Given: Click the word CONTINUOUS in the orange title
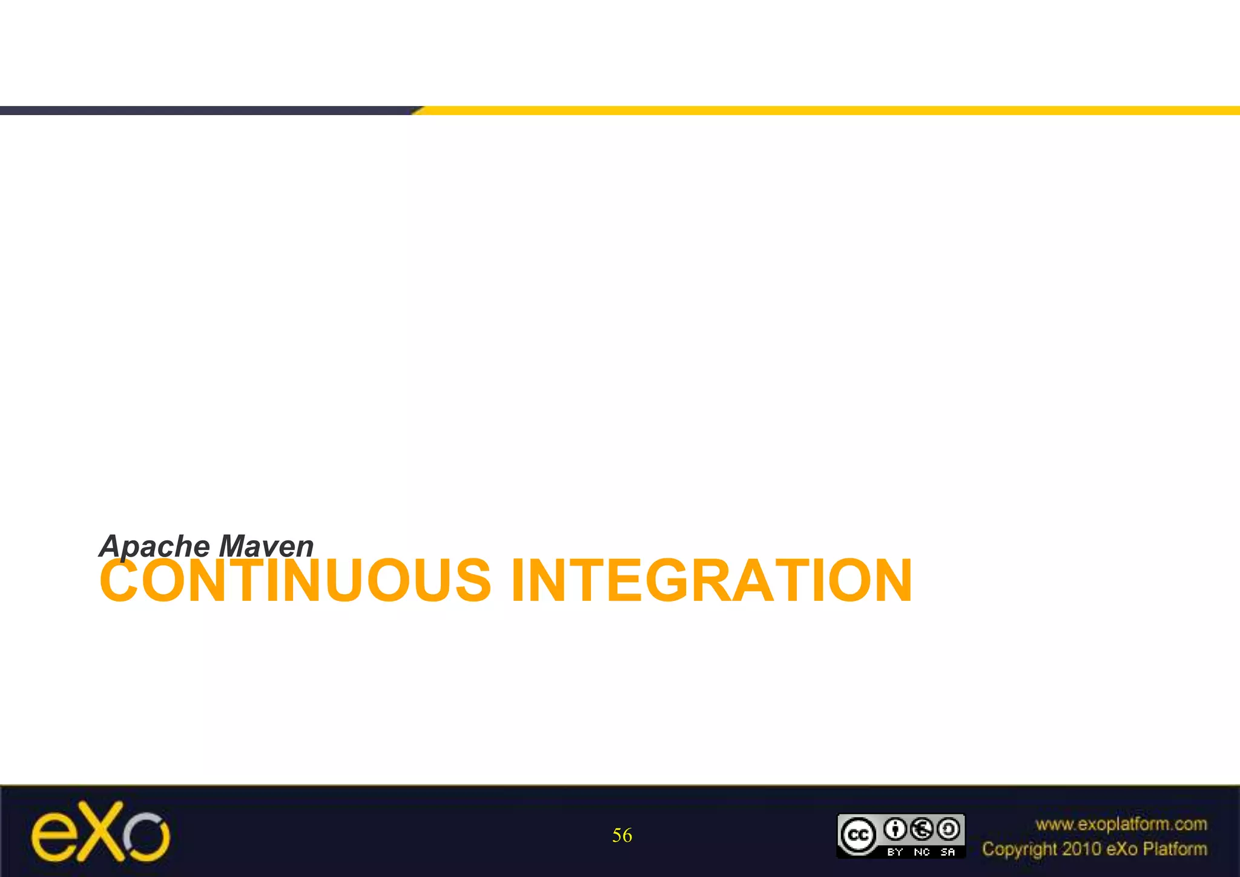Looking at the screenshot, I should [295, 581].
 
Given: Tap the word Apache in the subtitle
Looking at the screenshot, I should [154, 546].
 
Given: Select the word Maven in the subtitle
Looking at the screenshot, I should [266, 546].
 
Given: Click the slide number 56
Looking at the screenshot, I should [622, 836].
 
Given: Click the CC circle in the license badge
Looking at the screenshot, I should [857, 836].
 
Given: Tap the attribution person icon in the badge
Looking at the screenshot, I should [895, 829].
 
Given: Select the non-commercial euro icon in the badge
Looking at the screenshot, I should [922, 829].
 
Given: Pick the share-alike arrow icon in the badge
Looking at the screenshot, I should [948, 829].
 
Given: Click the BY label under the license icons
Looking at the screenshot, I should [895, 852].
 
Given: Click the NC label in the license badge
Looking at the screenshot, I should [922, 852].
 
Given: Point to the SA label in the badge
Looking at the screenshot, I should [948, 852].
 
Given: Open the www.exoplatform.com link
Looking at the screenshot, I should [1121, 824].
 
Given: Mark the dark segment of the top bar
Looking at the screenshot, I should [206, 110].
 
